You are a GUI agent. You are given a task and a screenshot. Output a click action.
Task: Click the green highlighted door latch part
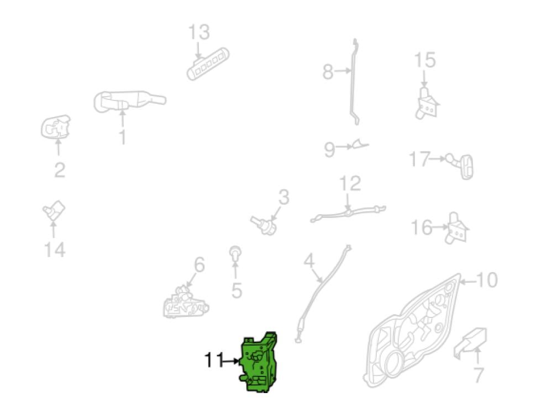[x=259, y=362]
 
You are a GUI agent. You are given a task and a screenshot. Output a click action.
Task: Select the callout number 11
[x=214, y=360]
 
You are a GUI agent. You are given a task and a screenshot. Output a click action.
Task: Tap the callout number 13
[x=199, y=32]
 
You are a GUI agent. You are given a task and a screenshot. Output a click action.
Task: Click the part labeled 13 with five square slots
[x=208, y=65]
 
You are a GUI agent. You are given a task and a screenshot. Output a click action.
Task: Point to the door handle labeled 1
[x=129, y=102]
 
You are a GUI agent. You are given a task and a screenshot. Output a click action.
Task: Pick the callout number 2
[x=60, y=170]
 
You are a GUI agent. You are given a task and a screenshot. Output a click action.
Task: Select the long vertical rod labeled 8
[x=355, y=82]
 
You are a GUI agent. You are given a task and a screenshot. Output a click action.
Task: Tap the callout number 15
[x=425, y=60]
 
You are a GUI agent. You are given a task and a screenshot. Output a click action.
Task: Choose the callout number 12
[x=350, y=183]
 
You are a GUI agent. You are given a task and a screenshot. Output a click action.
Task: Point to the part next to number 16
[x=457, y=229]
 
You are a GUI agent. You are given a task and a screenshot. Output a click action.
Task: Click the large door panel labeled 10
[x=412, y=331]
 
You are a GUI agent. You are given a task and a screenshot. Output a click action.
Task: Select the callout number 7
[x=479, y=375]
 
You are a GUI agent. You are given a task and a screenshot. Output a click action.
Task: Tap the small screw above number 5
[x=235, y=253]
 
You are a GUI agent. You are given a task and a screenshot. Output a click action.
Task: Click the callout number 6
[x=199, y=264]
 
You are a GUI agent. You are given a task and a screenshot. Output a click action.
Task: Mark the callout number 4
[x=309, y=261]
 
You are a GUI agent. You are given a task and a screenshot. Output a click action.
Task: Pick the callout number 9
[x=329, y=149]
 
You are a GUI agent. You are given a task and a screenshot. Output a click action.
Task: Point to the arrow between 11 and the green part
[x=232, y=361]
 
